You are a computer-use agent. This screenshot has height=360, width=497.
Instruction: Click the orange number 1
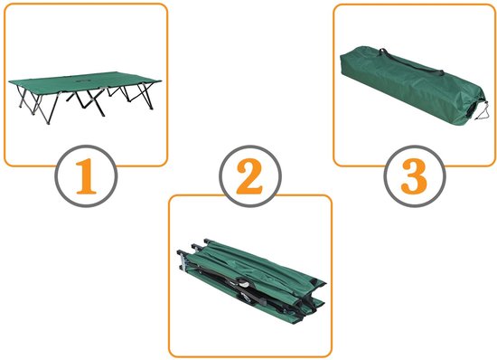[86, 176]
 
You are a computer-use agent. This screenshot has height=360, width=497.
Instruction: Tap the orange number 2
[249, 176]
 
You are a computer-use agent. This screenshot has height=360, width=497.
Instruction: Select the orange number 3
[414, 176]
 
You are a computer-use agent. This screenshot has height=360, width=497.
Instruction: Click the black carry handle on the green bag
[411, 62]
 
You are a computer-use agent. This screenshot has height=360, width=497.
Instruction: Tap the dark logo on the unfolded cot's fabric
[83, 81]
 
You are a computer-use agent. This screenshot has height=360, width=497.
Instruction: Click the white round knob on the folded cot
[243, 282]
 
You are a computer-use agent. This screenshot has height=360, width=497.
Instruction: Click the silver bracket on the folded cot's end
[183, 261]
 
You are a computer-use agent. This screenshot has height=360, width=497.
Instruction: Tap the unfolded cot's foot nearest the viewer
[48, 122]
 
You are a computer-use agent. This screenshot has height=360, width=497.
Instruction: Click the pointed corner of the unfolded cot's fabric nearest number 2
[162, 81]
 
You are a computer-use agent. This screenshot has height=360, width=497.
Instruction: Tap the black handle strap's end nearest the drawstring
[441, 72]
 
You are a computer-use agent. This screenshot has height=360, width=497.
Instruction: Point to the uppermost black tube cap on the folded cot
[207, 242]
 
